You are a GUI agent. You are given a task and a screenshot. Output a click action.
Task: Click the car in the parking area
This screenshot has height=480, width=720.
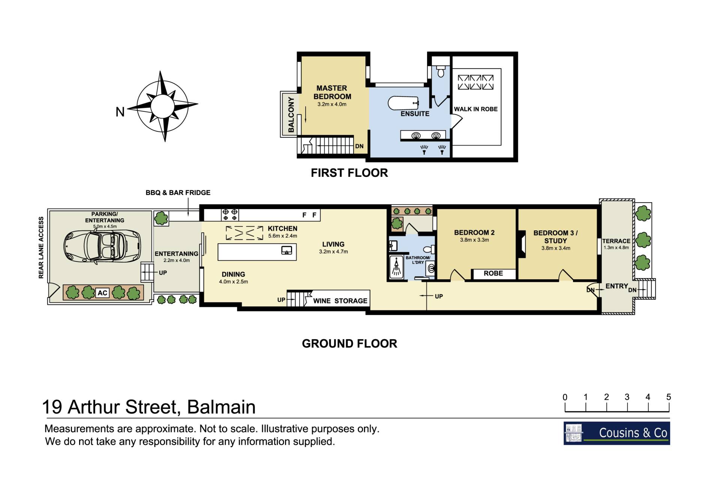pos(102,247)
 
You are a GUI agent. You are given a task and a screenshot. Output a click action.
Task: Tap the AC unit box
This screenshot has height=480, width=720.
pos(102,293)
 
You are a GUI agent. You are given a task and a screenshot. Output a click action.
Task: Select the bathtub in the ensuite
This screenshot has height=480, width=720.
pos(403,103)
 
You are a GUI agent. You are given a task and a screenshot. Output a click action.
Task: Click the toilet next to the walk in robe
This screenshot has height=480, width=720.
pos(441,71)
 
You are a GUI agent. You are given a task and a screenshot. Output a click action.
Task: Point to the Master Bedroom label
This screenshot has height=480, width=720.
pos(332,92)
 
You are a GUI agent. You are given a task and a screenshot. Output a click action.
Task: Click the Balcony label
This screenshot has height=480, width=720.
pos(291,114)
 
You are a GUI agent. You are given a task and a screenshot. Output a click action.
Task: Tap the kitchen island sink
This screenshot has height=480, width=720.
pos(286,250)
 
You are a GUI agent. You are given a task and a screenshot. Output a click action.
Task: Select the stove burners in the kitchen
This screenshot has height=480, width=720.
pos(230,215)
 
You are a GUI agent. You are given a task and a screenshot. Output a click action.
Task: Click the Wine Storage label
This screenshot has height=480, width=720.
pos(340,301)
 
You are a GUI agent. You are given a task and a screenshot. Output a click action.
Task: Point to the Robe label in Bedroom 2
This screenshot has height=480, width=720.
pos(493,273)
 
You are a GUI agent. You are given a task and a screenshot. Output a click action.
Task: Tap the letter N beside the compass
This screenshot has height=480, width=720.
pos(120,112)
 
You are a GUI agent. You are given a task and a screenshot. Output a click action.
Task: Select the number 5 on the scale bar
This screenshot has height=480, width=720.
pos(668,397)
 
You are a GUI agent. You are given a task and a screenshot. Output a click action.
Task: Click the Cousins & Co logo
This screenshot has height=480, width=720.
pos(616,433)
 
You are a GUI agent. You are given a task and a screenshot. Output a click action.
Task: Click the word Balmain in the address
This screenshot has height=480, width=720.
pos(221,407)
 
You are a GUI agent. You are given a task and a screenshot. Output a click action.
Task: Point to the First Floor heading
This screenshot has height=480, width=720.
pos(349,173)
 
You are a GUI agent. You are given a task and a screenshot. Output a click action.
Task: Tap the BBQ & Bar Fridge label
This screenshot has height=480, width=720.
pos(178,193)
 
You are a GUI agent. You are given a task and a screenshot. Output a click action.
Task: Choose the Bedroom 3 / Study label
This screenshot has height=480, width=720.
pos(555,237)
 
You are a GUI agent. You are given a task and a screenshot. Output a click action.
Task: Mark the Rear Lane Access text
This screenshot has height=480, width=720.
pos(41,247)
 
